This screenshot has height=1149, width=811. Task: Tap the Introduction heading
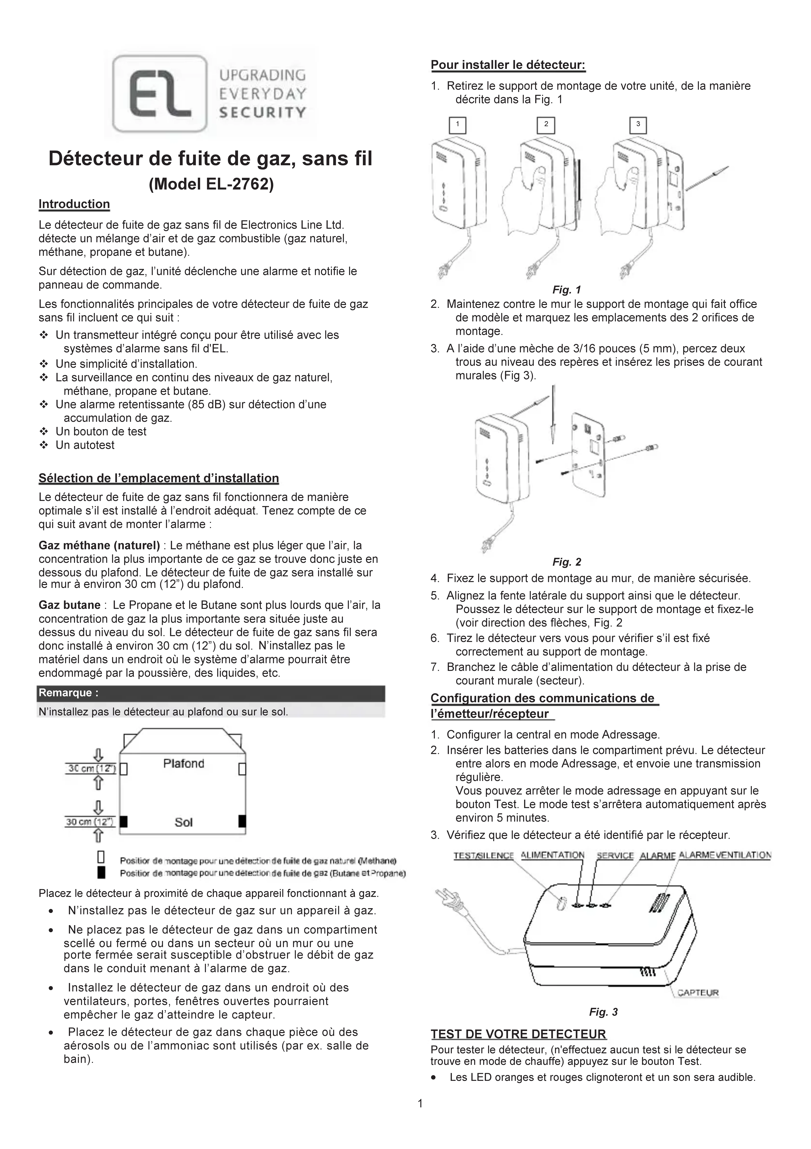pyautogui.click(x=74, y=204)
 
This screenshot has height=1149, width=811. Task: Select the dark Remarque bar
pyautogui.click(x=211, y=693)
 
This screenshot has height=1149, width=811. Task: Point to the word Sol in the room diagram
pyautogui.click(x=184, y=822)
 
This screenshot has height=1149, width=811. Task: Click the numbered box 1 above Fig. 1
pyautogui.click(x=457, y=125)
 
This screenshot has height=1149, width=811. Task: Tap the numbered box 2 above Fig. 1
pyautogui.click(x=546, y=125)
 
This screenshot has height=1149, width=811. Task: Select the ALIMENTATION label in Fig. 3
pyautogui.click(x=552, y=855)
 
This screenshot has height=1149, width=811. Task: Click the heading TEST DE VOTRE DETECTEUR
pyautogui.click(x=518, y=1034)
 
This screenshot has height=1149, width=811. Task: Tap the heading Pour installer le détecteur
pyautogui.click(x=508, y=65)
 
